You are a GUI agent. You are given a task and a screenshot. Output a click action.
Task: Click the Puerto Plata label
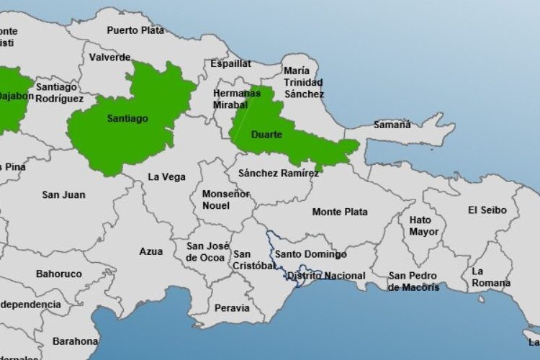click(x=135, y=30)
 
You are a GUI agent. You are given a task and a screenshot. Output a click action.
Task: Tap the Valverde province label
click(x=110, y=57)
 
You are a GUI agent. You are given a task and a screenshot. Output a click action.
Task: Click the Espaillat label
click(x=230, y=63)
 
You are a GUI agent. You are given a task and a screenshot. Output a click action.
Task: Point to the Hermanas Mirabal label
click(x=236, y=99)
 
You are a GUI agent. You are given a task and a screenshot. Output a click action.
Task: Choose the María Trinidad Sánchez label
click(x=304, y=82)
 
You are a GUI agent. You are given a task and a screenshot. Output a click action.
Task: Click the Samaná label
click(x=392, y=125)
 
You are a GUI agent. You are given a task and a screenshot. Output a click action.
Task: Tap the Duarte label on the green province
click(x=266, y=135)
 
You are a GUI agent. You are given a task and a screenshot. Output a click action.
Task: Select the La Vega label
click(x=166, y=176)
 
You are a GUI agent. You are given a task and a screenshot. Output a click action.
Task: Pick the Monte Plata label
click(x=340, y=212)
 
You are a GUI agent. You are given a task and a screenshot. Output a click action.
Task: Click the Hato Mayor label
click(x=424, y=225)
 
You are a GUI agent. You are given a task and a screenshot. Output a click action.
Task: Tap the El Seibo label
click(x=487, y=210)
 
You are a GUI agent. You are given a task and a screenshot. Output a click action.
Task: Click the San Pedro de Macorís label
click(x=413, y=282)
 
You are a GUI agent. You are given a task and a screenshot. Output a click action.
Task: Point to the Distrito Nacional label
click(x=325, y=276)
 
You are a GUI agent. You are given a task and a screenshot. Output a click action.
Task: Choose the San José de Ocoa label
click(x=204, y=251)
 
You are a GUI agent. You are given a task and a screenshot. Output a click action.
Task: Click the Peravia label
click(x=232, y=308)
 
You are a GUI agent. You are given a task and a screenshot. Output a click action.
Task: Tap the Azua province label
click(x=150, y=251)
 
